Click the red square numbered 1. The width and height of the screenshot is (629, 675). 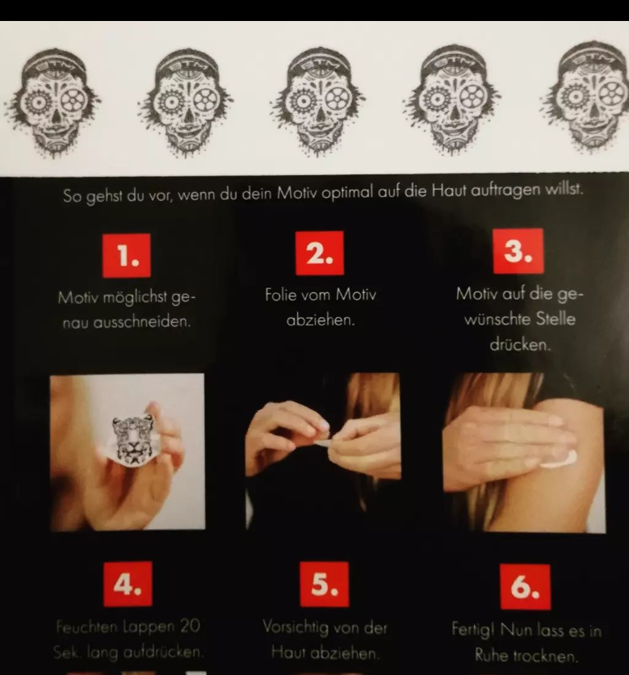click(x=127, y=255)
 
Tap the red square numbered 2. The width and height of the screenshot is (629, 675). click(x=320, y=254)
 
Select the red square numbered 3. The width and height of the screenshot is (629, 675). click(x=518, y=251)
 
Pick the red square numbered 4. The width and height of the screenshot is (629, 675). click(x=128, y=584)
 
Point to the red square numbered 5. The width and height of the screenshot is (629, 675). click(x=324, y=585)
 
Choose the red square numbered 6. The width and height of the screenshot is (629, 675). click(x=525, y=587)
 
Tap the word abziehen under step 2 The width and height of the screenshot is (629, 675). click(x=321, y=321)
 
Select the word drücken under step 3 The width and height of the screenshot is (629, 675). click(x=520, y=345)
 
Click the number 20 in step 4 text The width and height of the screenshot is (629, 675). click(x=191, y=627)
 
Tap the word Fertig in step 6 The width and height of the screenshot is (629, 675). click(x=472, y=630)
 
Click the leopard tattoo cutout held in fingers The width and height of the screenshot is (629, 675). click(x=132, y=441)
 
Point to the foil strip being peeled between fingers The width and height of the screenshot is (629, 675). click(x=322, y=443)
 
